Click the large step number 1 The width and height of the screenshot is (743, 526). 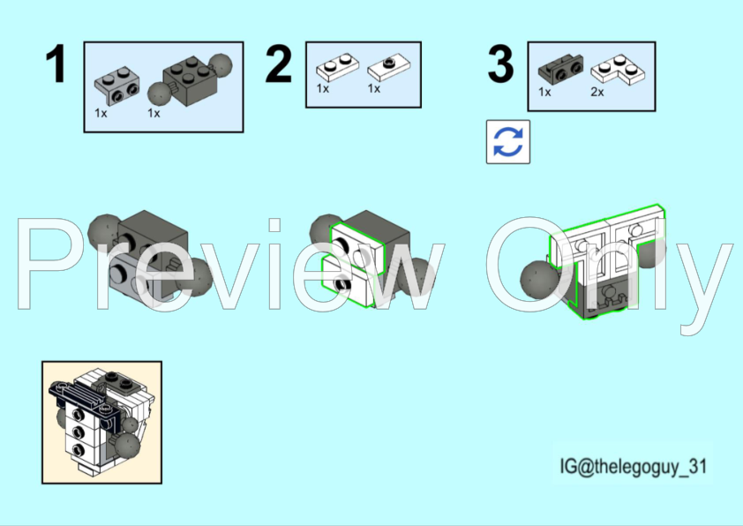[x=56, y=64]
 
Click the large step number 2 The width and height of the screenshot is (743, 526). [x=279, y=64]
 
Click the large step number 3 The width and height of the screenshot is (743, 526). [x=500, y=64]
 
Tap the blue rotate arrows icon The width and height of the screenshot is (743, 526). [x=508, y=142]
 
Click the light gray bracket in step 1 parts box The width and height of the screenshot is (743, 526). [x=116, y=86]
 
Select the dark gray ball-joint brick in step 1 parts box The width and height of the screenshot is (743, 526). [x=190, y=79]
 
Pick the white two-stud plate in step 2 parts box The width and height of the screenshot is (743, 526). [x=337, y=67]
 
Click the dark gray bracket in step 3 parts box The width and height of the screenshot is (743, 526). [x=560, y=69]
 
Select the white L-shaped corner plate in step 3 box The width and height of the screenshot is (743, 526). [x=619, y=70]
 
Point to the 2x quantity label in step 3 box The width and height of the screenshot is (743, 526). [x=597, y=92]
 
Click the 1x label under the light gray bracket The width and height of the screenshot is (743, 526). [x=101, y=113]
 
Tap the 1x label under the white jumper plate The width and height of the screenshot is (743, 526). [x=374, y=88]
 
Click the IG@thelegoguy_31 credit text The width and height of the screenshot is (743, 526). [x=633, y=466]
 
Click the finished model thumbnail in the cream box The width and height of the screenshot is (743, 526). [x=101, y=422]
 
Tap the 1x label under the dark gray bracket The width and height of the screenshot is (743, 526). [x=544, y=92]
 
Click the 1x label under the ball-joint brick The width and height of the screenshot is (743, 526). [x=154, y=113]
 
